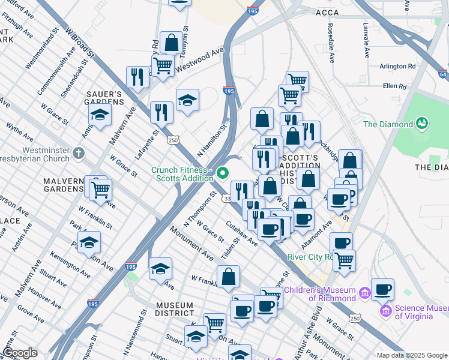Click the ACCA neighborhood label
[327, 12]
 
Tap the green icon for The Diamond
[423, 124]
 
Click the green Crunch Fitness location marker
[223, 174]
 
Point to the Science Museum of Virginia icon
[385, 311]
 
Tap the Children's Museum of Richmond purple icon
[364, 293]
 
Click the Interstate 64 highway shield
[443, 74]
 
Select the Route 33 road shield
[227, 199]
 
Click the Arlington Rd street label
[397, 66]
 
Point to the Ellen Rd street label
[394, 86]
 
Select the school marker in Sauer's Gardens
[100, 115]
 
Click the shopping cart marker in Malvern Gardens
[101, 190]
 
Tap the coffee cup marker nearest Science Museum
[382, 290]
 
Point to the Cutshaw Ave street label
[241, 233]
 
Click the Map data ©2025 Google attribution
[411, 355]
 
